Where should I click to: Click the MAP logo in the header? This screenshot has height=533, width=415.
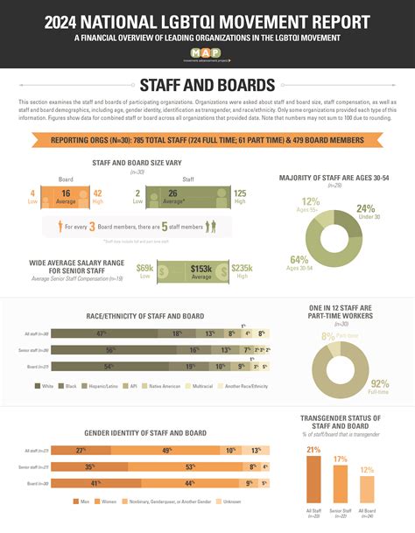207,55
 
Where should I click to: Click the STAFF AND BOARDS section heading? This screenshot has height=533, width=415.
207,85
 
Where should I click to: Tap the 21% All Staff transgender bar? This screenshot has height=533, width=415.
314,476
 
